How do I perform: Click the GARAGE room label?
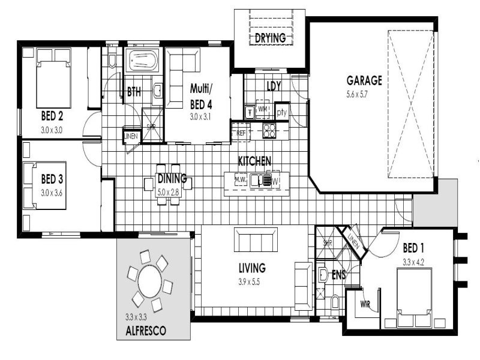pos(364,80)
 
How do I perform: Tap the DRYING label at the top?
pos(269,38)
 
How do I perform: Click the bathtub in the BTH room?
pos(142,61)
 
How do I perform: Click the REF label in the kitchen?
pos(241,132)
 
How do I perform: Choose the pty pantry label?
pos(282,112)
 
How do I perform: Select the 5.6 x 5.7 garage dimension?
pos(364,94)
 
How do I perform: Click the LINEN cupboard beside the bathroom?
pos(130,136)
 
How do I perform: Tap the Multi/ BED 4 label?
pos(201,95)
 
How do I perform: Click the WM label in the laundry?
pos(262,109)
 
